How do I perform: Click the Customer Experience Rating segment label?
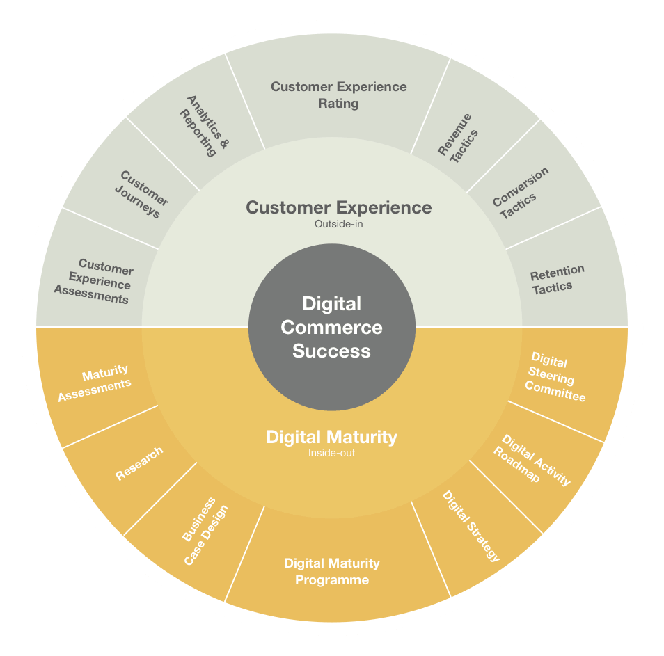point(339,95)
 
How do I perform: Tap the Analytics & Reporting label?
point(205,126)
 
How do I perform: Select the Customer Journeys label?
point(142,194)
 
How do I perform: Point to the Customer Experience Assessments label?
point(95,282)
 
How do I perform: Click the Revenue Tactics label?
point(458,138)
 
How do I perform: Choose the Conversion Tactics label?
point(521,193)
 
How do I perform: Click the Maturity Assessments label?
point(95,382)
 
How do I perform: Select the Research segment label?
point(139,463)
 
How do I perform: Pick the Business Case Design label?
point(205,531)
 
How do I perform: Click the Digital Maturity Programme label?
point(332,571)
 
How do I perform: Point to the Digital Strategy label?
point(471,526)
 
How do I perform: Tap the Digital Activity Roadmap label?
point(532,460)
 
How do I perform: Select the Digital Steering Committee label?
point(555,376)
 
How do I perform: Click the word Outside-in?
point(339,224)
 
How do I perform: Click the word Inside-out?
point(331,453)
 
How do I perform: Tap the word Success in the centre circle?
point(331,351)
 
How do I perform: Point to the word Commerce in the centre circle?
point(331,327)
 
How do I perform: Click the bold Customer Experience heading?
point(339,207)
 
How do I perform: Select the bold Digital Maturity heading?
point(331,437)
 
